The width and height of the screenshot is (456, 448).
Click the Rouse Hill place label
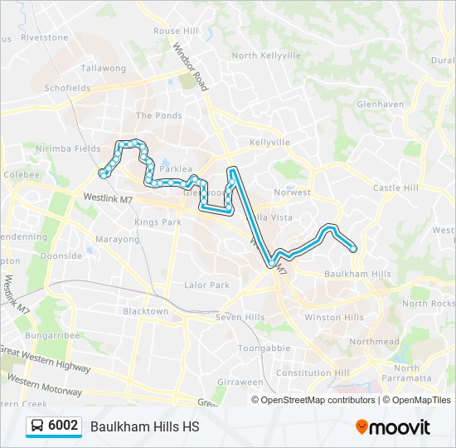coord(176,31)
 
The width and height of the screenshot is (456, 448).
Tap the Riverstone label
coord(44,37)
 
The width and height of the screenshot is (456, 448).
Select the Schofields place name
coord(67,87)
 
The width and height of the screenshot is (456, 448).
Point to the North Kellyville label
coord(266,56)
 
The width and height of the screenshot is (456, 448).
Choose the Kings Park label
coord(158,222)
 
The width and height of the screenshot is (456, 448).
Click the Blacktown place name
coord(145,311)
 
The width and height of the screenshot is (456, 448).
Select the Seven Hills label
coord(240,318)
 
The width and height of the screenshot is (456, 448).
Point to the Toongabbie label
coord(264,348)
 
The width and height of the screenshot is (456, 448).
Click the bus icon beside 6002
coord(37,426)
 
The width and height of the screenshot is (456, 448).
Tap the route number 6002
coord(63,426)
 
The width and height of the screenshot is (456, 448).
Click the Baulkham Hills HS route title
coord(144,427)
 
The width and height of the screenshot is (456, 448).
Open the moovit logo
coord(393,426)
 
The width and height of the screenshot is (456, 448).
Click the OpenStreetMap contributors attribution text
coord(318,400)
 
